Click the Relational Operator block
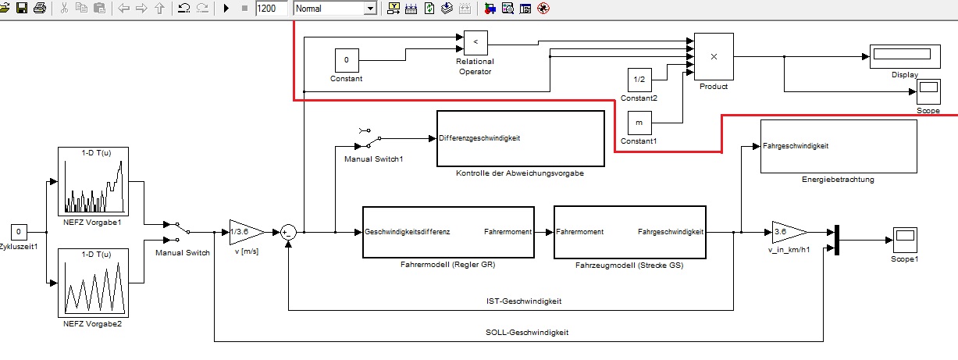(x=475, y=42)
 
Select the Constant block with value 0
(x=347, y=60)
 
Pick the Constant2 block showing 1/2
(x=639, y=80)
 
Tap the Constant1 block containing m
(x=639, y=123)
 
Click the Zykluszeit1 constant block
(x=20, y=231)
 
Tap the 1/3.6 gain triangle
(x=242, y=231)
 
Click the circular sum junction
(x=288, y=231)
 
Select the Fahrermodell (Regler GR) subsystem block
(x=448, y=232)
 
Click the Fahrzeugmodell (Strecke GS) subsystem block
(x=629, y=232)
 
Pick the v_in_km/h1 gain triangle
(x=785, y=231)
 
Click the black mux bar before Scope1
(x=835, y=240)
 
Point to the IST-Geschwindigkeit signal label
(x=519, y=301)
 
